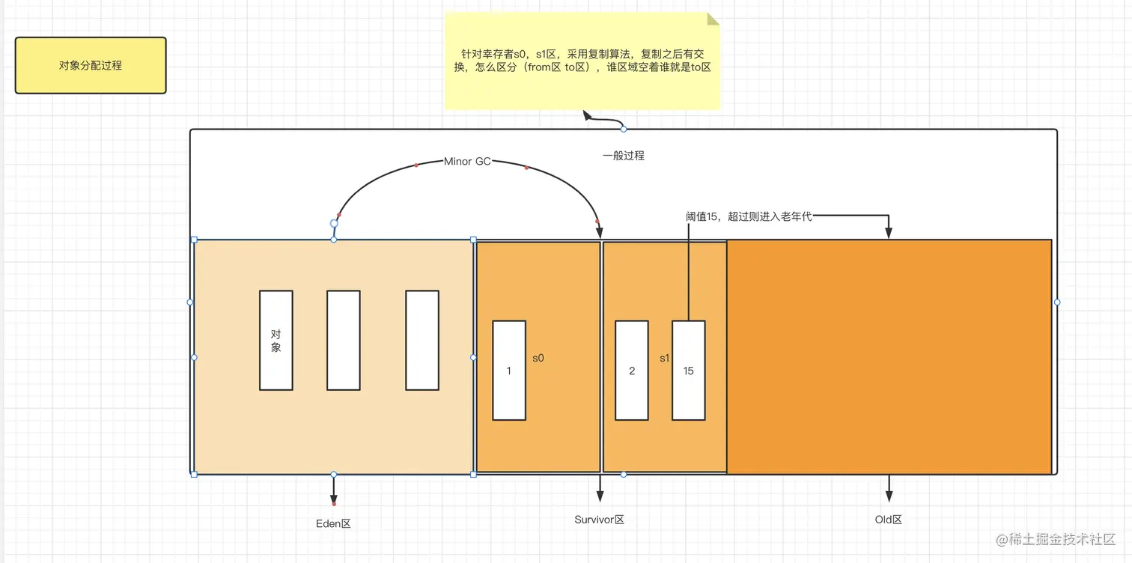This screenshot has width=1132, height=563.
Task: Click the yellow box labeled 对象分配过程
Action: coord(91,66)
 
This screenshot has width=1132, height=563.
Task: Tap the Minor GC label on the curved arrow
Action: coord(467,161)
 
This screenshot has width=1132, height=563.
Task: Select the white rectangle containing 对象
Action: coord(276,340)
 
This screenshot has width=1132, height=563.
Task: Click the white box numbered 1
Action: coord(509,370)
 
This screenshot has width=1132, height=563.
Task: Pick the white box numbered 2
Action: coord(632,370)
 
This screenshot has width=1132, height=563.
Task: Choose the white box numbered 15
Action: coord(688,370)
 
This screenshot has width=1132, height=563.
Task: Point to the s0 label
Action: coord(538,358)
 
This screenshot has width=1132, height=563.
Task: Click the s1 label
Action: coord(664,358)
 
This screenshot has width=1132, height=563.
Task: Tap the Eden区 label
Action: coord(333,523)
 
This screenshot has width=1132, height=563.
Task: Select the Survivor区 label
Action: coord(599,519)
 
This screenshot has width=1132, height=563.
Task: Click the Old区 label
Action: coord(889,519)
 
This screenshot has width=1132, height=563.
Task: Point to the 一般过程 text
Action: coord(624,156)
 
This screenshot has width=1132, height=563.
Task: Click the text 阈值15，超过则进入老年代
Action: coord(749,216)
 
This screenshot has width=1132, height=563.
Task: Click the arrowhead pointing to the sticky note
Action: coord(588,115)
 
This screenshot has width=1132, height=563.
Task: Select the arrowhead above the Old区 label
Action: coord(889,496)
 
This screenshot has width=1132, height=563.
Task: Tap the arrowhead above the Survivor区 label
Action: coord(600,495)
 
